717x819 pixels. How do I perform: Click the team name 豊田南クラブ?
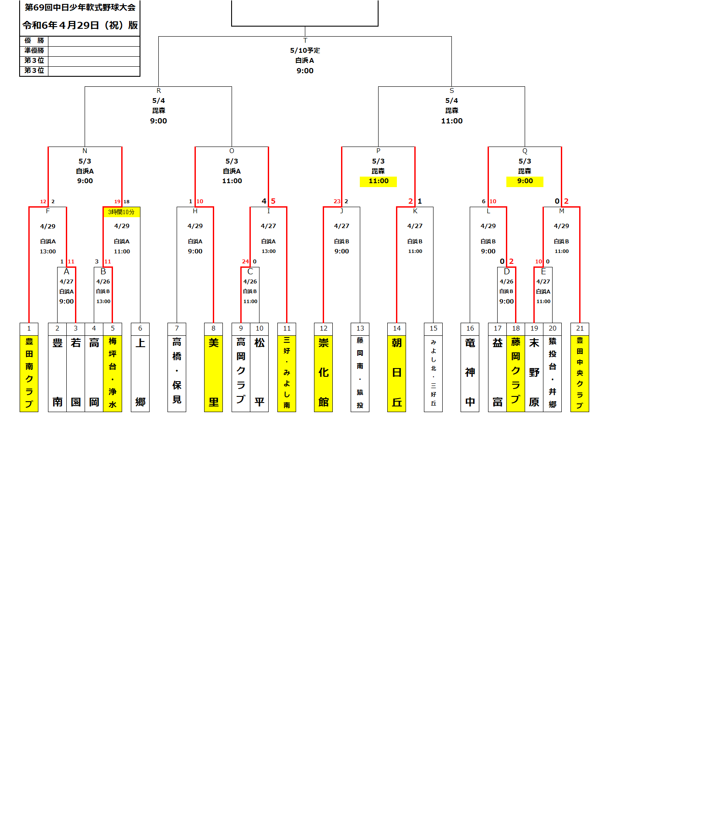pos(29,373)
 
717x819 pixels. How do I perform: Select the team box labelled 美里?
pos(213,373)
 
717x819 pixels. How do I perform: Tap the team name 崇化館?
pos(323,373)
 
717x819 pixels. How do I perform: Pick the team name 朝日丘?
pos(396,373)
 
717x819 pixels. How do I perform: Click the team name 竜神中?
pos(470,373)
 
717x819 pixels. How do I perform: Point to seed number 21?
pos(580,328)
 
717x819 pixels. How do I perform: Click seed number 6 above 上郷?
pos(140,328)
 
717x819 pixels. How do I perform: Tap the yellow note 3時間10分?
pos(121,212)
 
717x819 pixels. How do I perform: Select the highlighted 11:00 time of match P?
pos(378,181)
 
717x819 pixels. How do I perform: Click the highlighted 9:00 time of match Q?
pos(525,181)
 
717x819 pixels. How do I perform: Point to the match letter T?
pos(305,41)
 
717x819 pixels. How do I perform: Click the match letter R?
pos(158,91)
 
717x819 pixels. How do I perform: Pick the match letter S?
pos(451,91)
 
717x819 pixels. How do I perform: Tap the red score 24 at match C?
pos(245,262)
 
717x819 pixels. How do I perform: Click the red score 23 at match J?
pos(337,201)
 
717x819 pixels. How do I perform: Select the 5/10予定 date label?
pos(305,51)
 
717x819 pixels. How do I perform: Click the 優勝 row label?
pos(34,41)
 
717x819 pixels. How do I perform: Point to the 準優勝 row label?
pos(34,51)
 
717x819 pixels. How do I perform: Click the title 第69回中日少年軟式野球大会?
pos(80,7)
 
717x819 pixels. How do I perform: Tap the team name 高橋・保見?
pos(177,371)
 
